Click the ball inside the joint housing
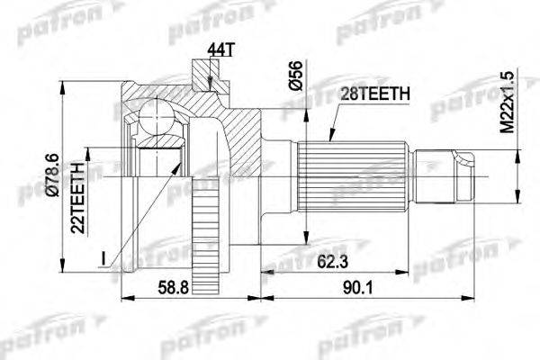point(157,115)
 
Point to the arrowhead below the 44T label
point(209,86)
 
